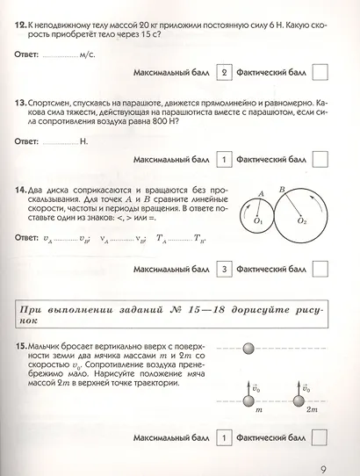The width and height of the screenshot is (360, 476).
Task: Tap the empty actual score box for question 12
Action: click(x=320, y=74)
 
